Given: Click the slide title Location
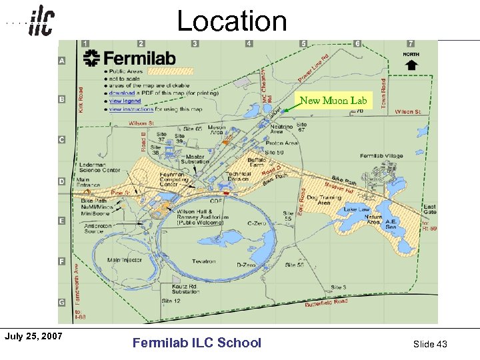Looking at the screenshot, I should click(231, 21).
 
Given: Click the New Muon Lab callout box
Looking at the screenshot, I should click(333, 101).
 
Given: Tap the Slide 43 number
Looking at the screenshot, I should click(430, 343).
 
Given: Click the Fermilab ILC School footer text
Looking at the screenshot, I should click(197, 343).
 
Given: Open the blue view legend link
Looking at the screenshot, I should click(125, 101).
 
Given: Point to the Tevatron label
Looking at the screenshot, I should click(204, 261).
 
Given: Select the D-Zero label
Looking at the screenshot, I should click(247, 265).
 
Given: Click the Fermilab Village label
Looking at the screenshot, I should click(381, 156).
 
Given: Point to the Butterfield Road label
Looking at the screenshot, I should click(326, 303).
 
